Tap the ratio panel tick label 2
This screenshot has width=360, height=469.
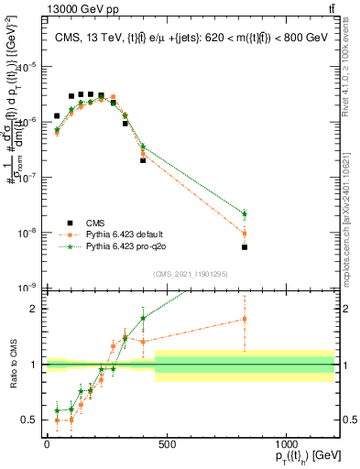point(34,309)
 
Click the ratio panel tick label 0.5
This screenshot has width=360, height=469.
point(29,420)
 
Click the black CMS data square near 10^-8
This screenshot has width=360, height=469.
point(245,246)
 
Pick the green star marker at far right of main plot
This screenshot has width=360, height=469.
point(245,214)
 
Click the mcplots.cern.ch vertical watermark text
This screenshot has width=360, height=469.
point(349,247)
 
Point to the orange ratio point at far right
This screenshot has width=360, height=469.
point(245,319)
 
